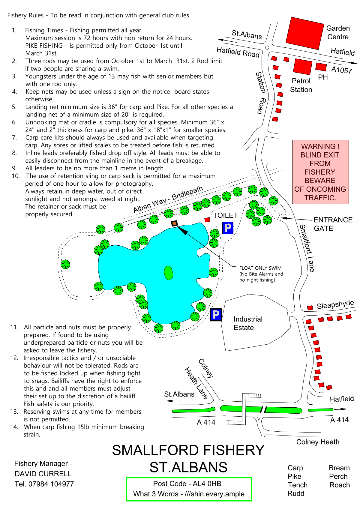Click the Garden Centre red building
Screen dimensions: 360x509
[x=305, y=33]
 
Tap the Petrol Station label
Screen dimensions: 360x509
[x=301, y=85]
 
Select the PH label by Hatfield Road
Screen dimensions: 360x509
[x=323, y=77]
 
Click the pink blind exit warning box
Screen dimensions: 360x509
[x=320, y=172]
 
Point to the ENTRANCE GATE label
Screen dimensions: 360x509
[x=333, y=224]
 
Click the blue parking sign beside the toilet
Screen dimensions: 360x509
[x=228, y=228]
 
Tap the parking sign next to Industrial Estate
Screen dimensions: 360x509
[x=216, y=315]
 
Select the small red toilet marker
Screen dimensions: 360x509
[x=207, y=220]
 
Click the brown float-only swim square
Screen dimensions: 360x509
[x=174, y=223]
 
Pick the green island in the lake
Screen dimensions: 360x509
[x=168, y=273]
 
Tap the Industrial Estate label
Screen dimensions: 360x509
[x=248, y=323]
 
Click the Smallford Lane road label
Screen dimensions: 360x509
[x=307, y=248]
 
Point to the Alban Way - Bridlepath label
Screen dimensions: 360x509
[x=168, y=199]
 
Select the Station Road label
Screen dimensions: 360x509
[x=261, y=93]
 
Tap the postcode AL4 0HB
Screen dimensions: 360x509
[x=207, y=484]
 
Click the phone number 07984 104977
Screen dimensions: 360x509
[x=51, y=484]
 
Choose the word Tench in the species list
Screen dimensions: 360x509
[x=298, y=485]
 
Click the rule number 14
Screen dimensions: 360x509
[x=14, y=427]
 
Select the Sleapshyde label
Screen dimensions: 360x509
[x=335, y=304]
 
